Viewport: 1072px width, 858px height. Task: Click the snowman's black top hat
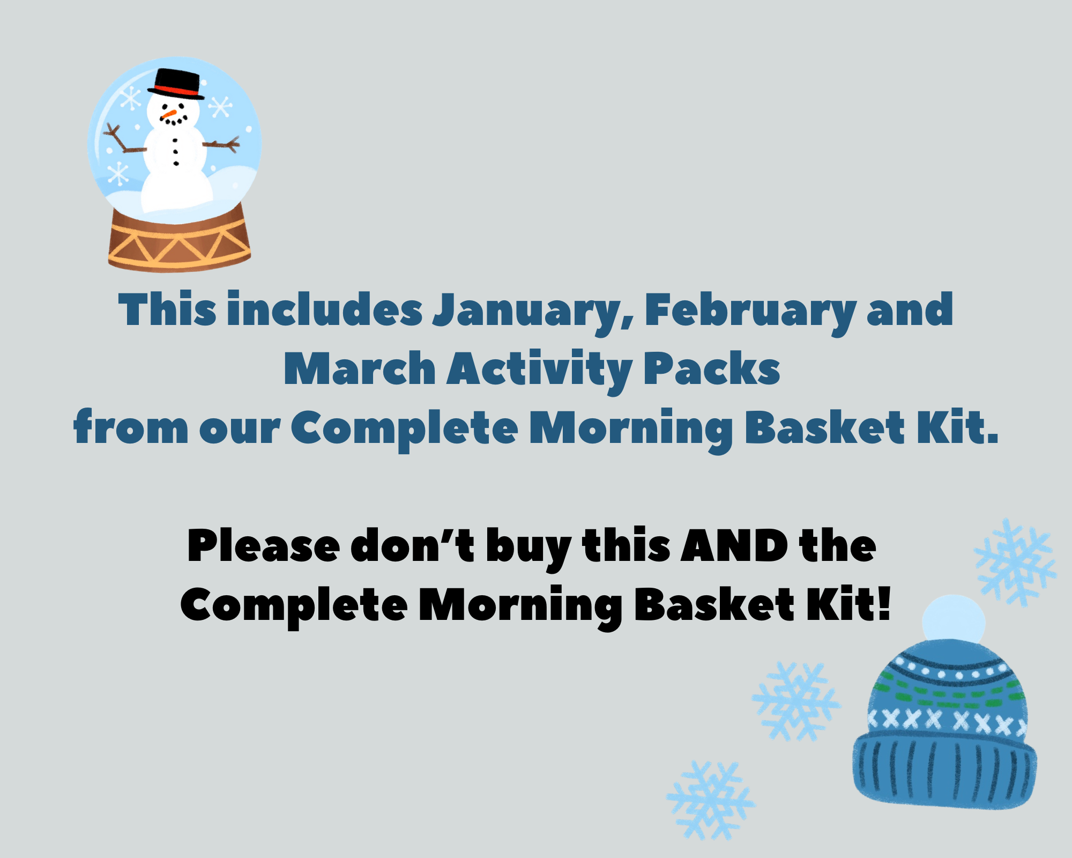pos(176,84)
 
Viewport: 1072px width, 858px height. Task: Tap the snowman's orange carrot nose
pos(169,114)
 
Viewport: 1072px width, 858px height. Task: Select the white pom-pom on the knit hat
pos(954,620)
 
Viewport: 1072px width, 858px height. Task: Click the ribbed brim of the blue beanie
pos(944,770)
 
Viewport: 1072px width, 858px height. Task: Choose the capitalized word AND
pos(734,546)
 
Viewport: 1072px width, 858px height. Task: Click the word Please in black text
pos(263,546)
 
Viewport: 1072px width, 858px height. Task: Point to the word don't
pos(412,546)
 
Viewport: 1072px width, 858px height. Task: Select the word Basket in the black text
pos(714,604)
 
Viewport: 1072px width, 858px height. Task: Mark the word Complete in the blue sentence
pos(405,430)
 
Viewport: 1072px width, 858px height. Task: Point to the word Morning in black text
pos(520,606)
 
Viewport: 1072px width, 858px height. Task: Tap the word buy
pos(528,549)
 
